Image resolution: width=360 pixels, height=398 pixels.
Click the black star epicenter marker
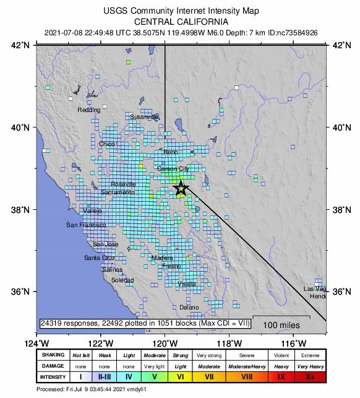(181, 189)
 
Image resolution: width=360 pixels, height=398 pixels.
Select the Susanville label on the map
(144, 116)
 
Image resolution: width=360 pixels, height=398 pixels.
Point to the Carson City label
(173, 168)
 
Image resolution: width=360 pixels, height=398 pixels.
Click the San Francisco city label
(86, 225)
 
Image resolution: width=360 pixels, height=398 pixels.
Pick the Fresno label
(171, 266)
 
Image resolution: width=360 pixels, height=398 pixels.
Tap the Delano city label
(189, 307)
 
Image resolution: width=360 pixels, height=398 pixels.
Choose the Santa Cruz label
(100, 257)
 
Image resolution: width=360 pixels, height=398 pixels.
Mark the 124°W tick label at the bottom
(37, 344)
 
